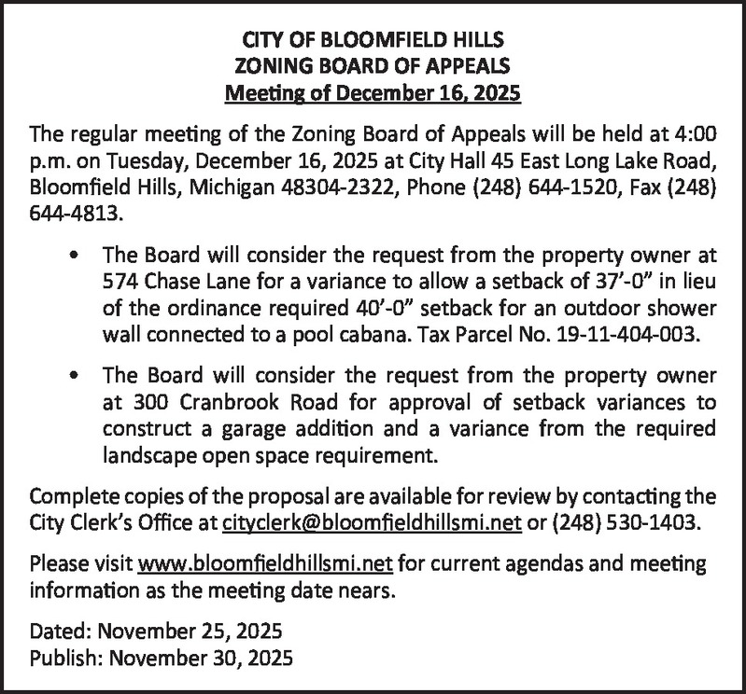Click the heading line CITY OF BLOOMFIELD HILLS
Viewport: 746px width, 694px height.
point(373,41)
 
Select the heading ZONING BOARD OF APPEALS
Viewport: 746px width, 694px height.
point(373,67)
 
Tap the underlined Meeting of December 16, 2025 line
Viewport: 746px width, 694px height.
point(373,93)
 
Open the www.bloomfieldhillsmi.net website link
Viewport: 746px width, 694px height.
point(263,563)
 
